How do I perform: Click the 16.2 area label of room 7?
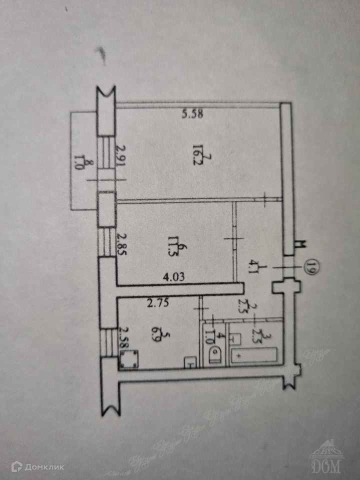click(x=198, y=149)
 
